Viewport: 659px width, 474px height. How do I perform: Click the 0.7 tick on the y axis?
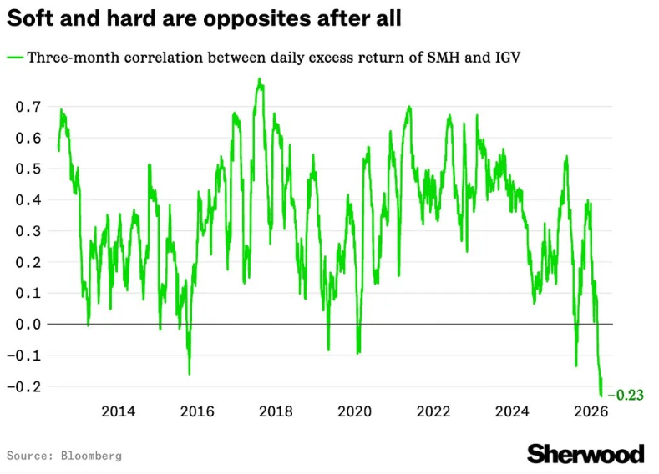click(x=28, y=107)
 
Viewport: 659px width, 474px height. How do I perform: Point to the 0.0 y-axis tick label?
click(x=28, y=324)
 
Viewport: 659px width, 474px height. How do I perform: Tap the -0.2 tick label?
click(x=25, y=386)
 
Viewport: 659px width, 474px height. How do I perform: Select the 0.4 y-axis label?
click(x=28, y=200)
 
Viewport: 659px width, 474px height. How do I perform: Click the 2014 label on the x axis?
click(x=118, y=411)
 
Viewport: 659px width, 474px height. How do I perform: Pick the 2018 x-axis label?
click(x=276, y=411)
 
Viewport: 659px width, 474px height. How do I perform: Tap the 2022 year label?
click(x=433, y=411)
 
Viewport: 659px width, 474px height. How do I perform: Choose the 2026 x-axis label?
click(x=591, y=411)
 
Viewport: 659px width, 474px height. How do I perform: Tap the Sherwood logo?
click(x=585, y=453)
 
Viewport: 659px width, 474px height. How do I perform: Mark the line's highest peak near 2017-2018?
click(x=260, y=79)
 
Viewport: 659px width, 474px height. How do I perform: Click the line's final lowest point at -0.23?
click(x=601, y=396)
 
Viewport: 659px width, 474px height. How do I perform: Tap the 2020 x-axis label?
click(x=354, y=411)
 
